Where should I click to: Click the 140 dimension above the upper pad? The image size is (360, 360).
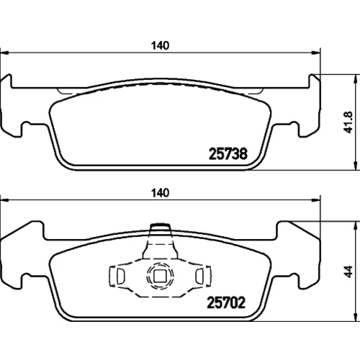[160, 45]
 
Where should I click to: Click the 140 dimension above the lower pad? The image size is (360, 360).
[160, 193]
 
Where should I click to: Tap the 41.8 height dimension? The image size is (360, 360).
[348, 122]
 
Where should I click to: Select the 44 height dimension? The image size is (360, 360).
[348, 271]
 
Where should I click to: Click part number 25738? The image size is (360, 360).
[228, 154]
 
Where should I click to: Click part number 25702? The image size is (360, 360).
[226, 302]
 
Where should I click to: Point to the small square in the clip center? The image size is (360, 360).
[159, 276]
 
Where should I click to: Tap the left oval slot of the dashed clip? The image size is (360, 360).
[120, 276]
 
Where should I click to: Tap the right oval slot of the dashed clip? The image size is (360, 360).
[199, 276]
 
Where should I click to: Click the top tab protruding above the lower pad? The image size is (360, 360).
[160, 227]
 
